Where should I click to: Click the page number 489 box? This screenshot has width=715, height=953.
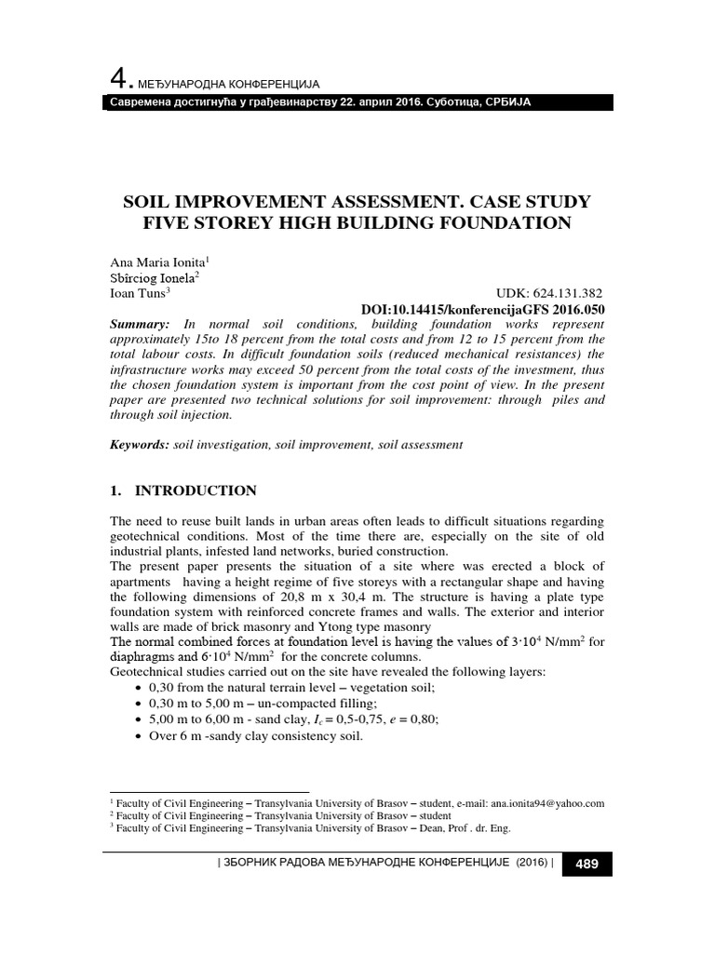(587, 865)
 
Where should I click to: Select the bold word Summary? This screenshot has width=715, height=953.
(140, 323)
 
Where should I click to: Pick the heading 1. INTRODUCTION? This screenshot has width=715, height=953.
(183, 490)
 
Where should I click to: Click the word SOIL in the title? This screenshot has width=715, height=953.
(154, 202)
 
